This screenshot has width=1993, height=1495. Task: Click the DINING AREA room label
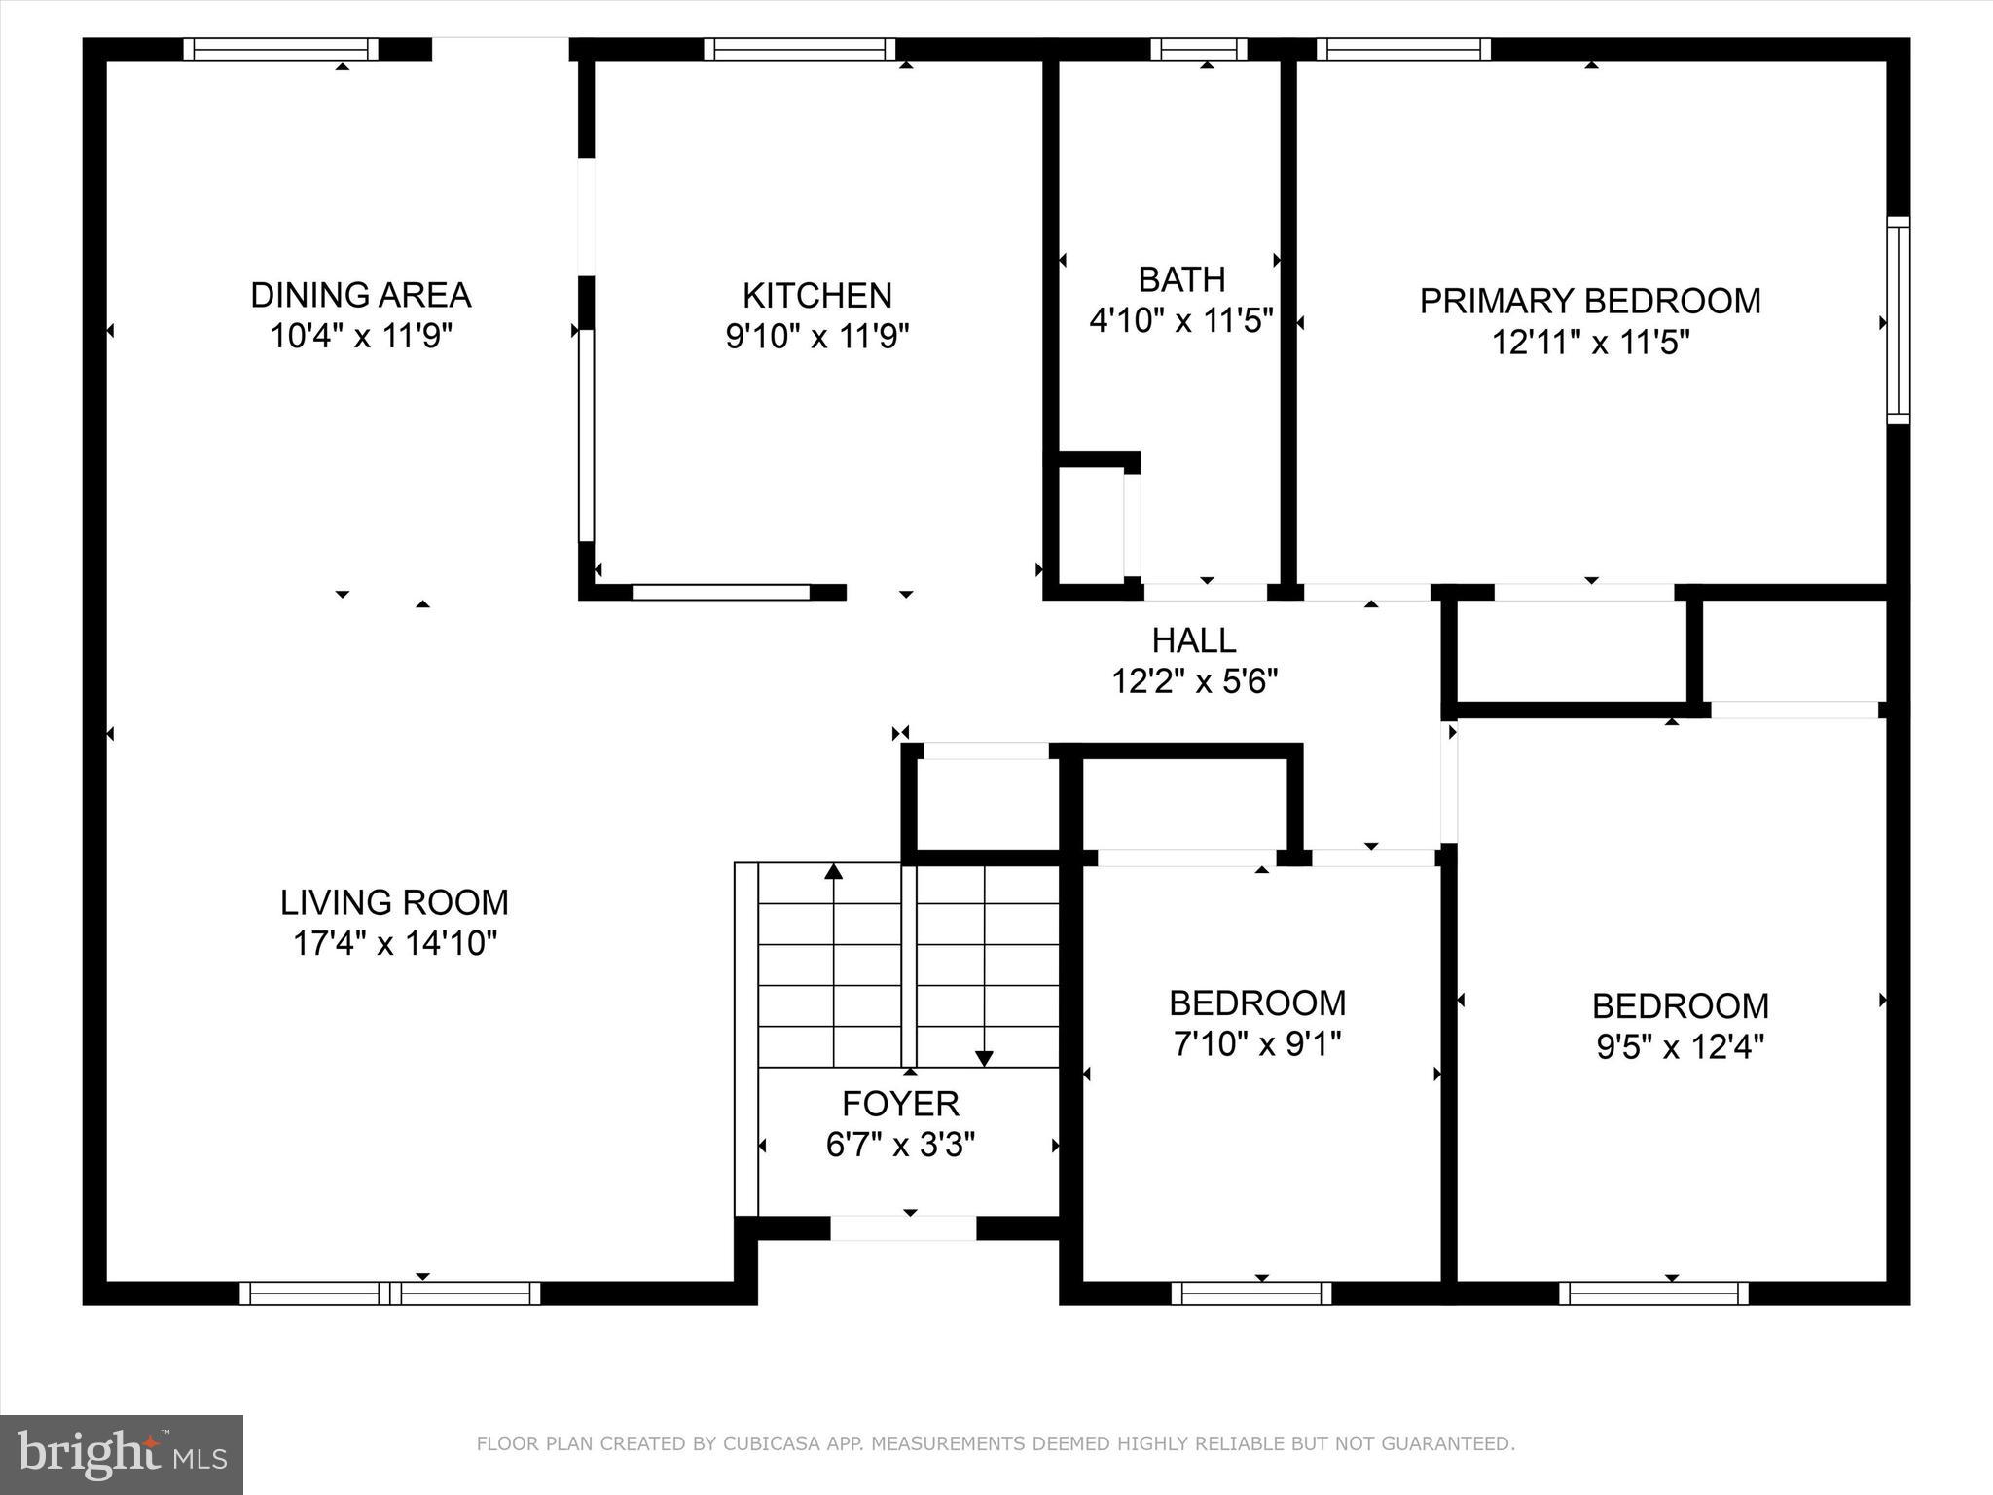360,294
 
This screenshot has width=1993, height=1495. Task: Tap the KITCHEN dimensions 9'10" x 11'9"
816,337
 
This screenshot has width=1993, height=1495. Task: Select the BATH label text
1181,279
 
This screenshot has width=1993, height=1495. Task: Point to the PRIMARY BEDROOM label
1589,301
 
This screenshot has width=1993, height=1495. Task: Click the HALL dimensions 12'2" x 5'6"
1194,681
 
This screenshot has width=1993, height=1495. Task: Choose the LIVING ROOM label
394,902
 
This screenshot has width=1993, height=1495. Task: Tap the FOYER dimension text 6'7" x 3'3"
900,1146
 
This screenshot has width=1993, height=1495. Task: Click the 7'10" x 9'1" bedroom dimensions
1257,1044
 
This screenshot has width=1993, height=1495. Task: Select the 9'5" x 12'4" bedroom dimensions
1680,1047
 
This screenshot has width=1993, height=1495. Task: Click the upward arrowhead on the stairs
833,871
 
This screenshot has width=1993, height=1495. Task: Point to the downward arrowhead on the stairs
984,1058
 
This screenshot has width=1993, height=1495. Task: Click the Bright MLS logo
122,1454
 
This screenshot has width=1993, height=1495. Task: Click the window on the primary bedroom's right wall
1898,320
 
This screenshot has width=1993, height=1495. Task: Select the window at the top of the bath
1198,49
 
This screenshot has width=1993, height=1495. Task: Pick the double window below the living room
389,1293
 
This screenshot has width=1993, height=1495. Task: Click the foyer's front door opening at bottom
902,1228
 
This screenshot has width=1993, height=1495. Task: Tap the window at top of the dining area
280,49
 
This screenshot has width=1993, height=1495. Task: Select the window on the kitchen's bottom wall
720,592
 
